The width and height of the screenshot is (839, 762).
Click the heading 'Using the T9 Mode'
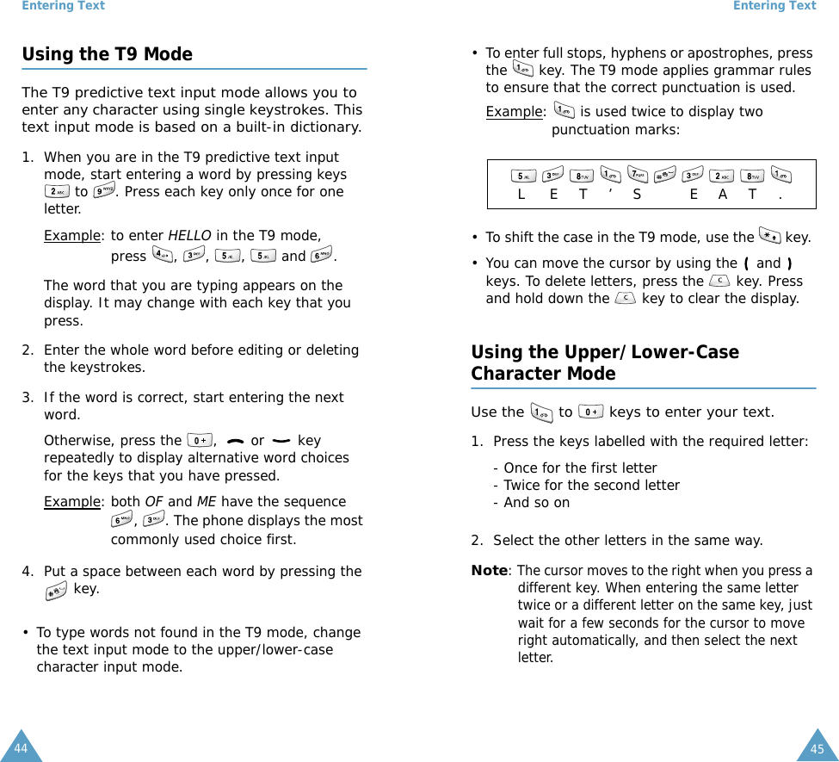(x=107, y=54)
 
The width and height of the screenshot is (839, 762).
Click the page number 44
(x=21, y=748)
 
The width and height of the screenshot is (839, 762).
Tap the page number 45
(x=817, y=749)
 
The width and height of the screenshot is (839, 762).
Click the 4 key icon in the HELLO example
(x=161, y=255)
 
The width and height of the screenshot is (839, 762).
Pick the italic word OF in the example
(x=154, y=502)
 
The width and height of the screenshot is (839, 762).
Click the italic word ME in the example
(x=207, y=502)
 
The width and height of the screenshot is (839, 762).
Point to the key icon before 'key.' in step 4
(x=57, y=590)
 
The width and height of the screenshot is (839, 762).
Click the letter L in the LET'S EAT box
(x=521, y=195)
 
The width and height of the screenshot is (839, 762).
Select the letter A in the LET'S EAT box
(x=723, y=195)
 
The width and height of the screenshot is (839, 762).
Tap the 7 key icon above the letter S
(x=638, y=176)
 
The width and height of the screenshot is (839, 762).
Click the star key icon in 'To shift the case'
(x=769, y=236)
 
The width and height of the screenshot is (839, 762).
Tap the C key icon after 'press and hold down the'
(x=626, y=299)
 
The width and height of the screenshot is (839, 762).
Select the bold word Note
(x=489, y=571)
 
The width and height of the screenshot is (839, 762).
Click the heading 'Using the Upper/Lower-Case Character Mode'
(x=604, y=362)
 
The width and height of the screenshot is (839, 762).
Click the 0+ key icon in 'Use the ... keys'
(x=591, y=412)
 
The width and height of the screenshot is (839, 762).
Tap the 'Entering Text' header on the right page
(x=774, y=6)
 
